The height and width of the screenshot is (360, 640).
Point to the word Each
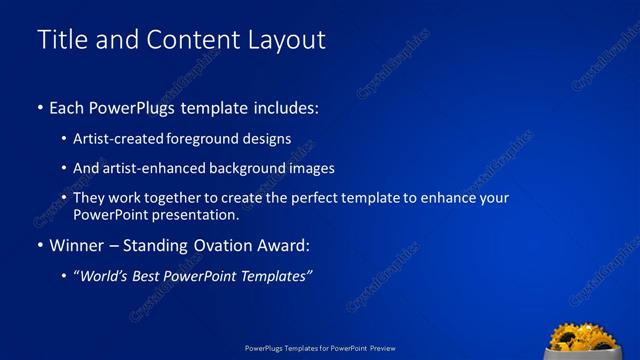[x=68, y=107]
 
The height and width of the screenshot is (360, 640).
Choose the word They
[x=89, y=198]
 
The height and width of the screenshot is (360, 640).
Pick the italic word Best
[x=160, y=276]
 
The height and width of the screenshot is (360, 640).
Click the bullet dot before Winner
[x=39, y=246]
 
